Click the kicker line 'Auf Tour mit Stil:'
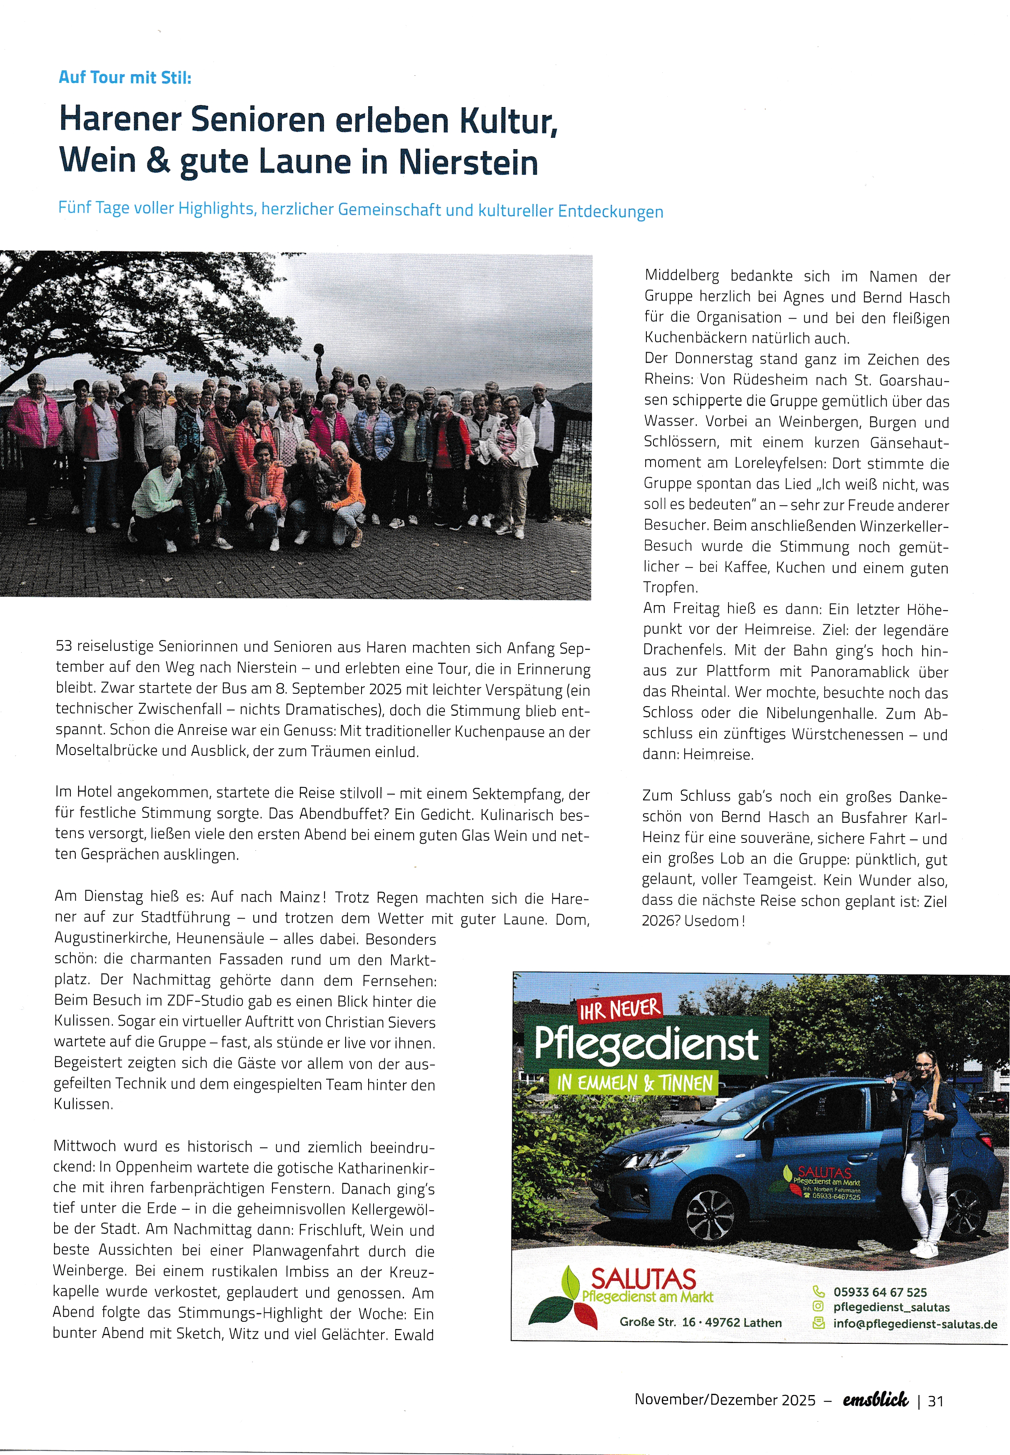pos(125,78)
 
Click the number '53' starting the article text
pos(64,646)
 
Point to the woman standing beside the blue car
pos(923,1151)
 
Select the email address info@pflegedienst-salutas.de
pos(915,1324)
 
